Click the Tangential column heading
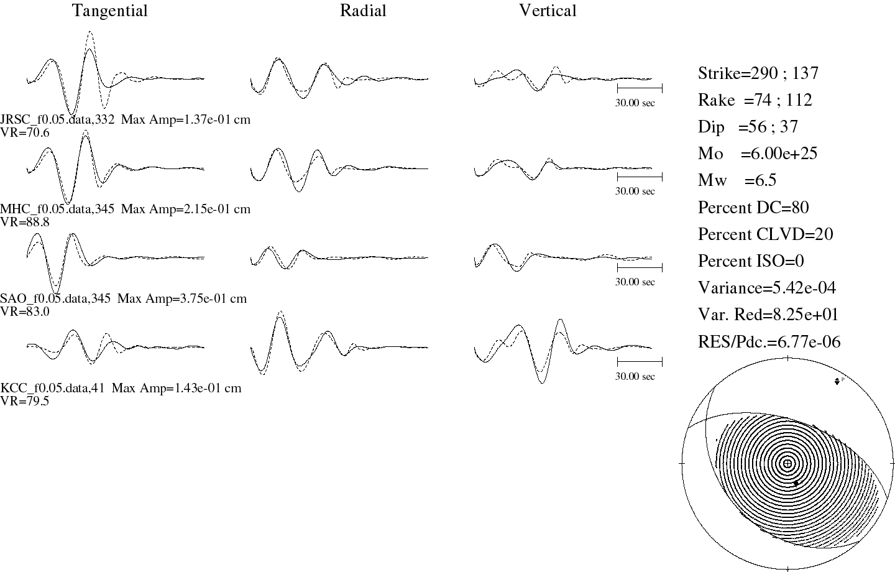pos(110,11)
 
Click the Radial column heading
pos(363,11)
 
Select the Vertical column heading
pos(548,11)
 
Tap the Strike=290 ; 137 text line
pos(758,73)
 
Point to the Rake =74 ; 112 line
pos(755,100)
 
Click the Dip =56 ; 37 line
pos(748,127)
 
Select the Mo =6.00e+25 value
pos(758,154)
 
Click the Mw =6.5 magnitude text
pos(737,180)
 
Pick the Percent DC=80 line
pos(753,208)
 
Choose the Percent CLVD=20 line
pos(765,234)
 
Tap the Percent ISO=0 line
pos(751,261)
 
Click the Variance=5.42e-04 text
pos(767,288)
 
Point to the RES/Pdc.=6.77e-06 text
pos(769,342)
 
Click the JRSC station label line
pos(125,119)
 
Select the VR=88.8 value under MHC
pos(25,222)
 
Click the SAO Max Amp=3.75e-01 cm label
pos(181,298)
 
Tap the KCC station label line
pos(121,388)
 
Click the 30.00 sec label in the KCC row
pos(635,376)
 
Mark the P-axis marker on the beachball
pos(837,381)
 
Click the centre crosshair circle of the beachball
pos(787,464)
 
